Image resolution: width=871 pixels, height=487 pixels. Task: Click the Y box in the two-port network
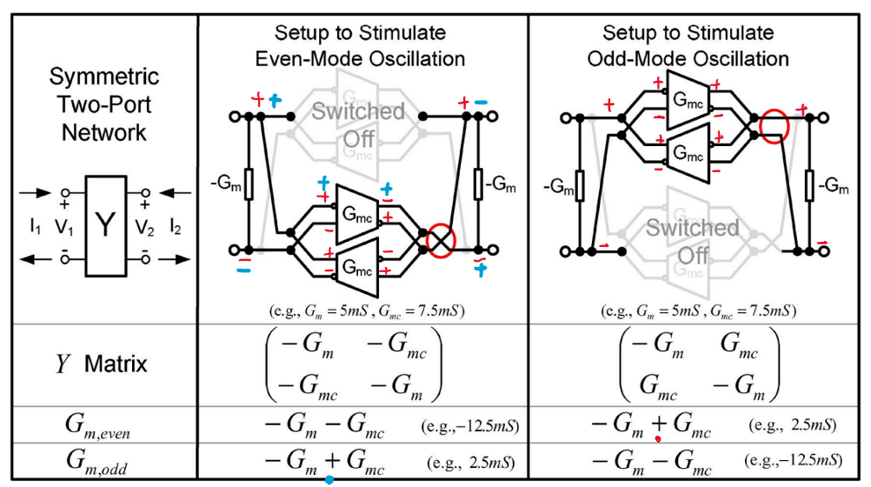click(105, 225)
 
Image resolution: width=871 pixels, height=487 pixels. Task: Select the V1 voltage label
click(63, 226)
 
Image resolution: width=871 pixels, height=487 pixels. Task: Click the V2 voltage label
click(145, 226)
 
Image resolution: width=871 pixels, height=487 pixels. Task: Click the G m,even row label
click(97, 424)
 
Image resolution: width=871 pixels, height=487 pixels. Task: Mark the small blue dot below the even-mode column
click(329, 480)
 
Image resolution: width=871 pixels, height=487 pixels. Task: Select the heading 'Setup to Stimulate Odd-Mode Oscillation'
click(688, 46)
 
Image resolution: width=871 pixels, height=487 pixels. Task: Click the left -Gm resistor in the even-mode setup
click(249, 183)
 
